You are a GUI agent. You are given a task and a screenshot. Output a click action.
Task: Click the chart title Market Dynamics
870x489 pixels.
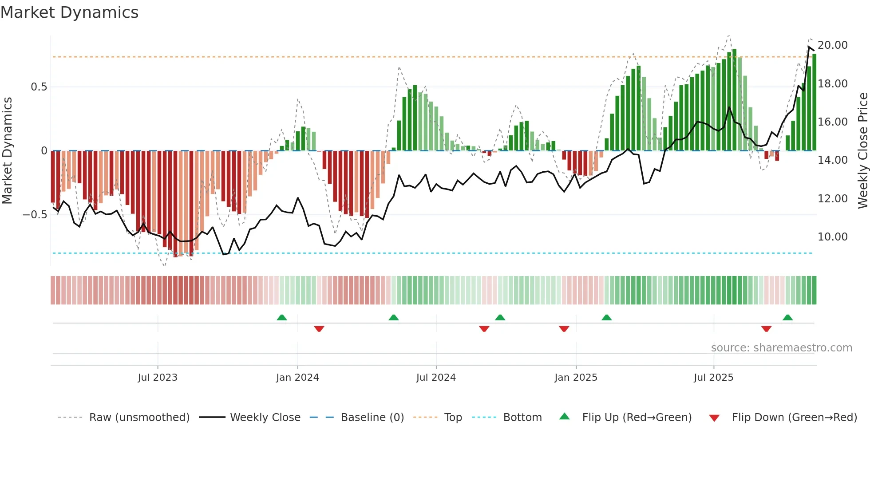(70, 12)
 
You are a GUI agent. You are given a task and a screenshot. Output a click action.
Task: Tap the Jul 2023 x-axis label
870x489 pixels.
(158, 378)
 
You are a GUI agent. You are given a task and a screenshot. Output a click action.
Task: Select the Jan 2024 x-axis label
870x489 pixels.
(297, 378)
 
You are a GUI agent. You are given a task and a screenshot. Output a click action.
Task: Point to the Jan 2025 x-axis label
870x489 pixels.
(576, 378)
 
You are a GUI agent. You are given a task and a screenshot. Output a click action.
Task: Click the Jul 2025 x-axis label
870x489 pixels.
(713, 378)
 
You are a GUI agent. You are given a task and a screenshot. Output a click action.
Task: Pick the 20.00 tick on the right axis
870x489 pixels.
(832, 45)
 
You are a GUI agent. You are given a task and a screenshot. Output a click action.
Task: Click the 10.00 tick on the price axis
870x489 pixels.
(832, 237)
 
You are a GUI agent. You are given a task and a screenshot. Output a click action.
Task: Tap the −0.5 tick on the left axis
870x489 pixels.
(35, 215)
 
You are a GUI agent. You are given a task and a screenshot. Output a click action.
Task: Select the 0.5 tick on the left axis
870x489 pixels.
(39, 87)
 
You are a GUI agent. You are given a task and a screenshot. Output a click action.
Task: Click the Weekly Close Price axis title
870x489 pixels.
(862, 151)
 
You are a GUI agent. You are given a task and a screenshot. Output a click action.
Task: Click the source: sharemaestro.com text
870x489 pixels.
(781, 348)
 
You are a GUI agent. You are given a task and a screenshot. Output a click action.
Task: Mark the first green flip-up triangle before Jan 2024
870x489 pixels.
(282, 317)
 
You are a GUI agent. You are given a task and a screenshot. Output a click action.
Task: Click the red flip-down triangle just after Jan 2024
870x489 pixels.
(319, 329)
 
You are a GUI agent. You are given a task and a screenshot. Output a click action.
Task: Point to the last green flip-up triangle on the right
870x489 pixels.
(788, 317)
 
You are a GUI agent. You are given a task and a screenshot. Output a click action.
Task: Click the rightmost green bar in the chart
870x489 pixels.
(814, 102)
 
